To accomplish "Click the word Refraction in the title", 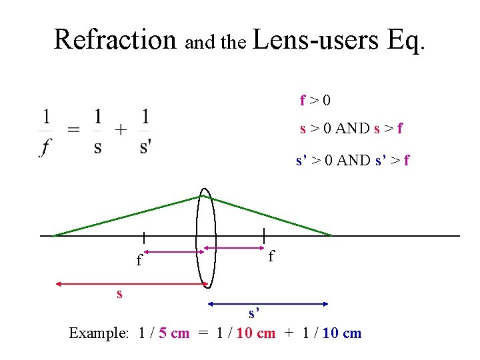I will (x=115, y=39).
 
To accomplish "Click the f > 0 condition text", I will (x=315, y=101).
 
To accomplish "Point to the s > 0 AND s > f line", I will (x=351, y=128).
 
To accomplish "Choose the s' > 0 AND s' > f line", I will (x=353, y=160).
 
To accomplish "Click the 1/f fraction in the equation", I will (x=46, y=131).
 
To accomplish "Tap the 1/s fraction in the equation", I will (x=98, y=131).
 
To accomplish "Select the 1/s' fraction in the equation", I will (x=145, y=131).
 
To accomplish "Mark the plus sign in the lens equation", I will (x=121, y=131).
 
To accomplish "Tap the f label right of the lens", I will (x=271, y=257).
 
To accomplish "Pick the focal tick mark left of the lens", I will (x=144, y=237).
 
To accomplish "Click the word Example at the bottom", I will (x=98, y=333).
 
